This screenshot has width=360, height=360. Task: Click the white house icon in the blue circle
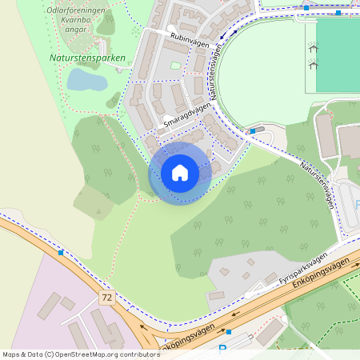point(180,173)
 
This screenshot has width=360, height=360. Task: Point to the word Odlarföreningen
point(77,10)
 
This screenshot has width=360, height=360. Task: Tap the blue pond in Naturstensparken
point(85,80)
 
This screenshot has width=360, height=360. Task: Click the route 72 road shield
point(106,297)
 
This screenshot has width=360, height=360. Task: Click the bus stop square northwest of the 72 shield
point(61,253)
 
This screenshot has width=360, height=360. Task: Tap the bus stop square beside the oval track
point(253,130)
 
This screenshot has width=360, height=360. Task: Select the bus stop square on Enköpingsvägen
point(229,331)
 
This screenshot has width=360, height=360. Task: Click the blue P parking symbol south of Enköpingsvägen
point(222,350)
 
